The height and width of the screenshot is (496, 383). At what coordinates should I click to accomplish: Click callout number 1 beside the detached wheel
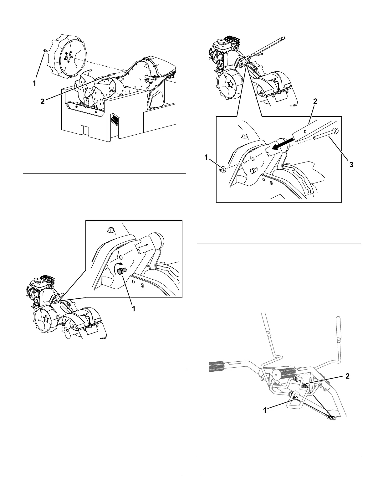click(x=35, y=83)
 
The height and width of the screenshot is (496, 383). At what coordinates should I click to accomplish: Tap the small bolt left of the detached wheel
click(x=45, y=50)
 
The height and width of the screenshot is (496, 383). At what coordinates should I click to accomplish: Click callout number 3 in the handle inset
click(x=351, y=165)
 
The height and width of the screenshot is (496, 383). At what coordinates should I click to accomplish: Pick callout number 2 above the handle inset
click(x=315, y=101)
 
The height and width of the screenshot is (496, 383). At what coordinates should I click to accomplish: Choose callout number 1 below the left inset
click(x=134, y=308)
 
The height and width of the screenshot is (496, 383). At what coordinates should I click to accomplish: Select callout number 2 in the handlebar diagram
click(x=347, y=376)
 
